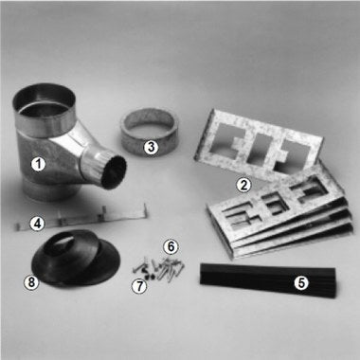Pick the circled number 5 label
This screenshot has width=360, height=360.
click(301, 282)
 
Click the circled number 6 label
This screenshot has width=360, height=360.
click(171, 245)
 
